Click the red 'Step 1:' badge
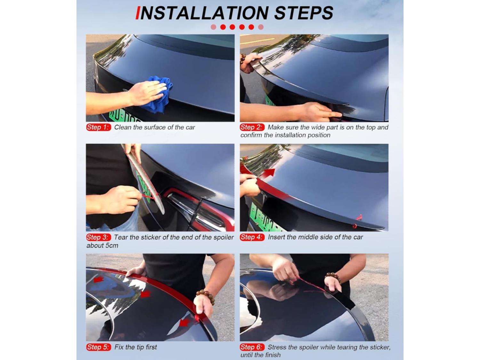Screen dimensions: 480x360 click(x=99, y=127)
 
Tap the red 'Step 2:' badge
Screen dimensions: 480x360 click(x=252, y=127)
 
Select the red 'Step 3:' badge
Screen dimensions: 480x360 click(x=99, y=237)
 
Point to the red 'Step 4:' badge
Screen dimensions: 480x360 click(x=252, y=237)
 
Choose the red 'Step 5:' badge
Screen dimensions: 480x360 click(x=99, y=347)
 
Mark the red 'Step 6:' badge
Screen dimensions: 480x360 click(x=252, y=347)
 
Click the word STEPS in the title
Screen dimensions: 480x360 click(x=304, y=13)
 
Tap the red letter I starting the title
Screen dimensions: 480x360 click(x=138, y=13)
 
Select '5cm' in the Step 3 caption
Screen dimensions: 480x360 click(x=112, y=246)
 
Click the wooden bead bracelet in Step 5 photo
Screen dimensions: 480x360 click(x=205, y=296)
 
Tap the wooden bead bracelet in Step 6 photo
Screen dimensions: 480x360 click(x=333, y=277)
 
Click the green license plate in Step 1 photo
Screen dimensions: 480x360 click(x=125, y=117)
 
